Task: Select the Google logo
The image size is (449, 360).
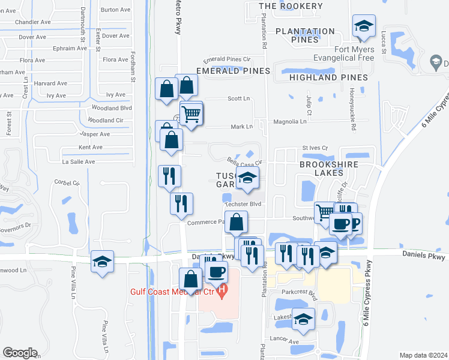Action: click(x=20, y=353)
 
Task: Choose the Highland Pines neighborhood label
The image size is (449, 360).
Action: click(x=328, y=77)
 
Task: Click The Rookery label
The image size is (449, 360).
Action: click(x=282, y=6)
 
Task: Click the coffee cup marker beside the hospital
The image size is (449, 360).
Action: click(x=216, y=271)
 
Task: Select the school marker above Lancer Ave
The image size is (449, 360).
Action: click(x=304, y=320)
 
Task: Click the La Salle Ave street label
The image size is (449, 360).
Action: click(x=79, y=162)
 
